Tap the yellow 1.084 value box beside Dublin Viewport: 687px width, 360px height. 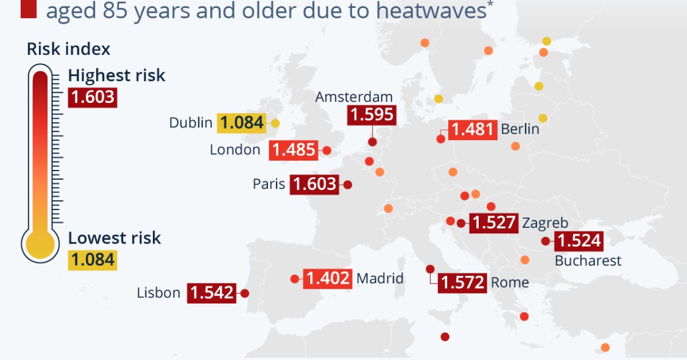(242, 123)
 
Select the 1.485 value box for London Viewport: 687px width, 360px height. (293, 150)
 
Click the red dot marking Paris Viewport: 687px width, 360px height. (348, 184)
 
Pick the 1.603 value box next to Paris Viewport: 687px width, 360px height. (314, 184)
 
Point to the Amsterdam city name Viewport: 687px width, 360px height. (354, 97)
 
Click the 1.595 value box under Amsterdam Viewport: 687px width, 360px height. (372, 115)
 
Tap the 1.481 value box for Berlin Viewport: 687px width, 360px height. (473, 130)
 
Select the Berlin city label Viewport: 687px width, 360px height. (520, 129)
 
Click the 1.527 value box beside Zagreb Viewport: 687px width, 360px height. (493, 223)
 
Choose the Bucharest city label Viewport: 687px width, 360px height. (588, 261)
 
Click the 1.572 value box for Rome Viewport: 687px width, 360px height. (462, 283)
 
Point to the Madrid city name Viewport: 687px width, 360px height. (379, 278)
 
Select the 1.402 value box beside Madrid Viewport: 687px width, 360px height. (328, 278)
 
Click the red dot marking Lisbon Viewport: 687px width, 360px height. (245, 293)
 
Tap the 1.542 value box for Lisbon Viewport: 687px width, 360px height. (211, 293)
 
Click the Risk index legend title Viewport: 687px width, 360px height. (69, 49)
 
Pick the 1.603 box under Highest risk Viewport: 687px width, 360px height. (92, 97)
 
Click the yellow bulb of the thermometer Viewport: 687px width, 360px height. (40, 245)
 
